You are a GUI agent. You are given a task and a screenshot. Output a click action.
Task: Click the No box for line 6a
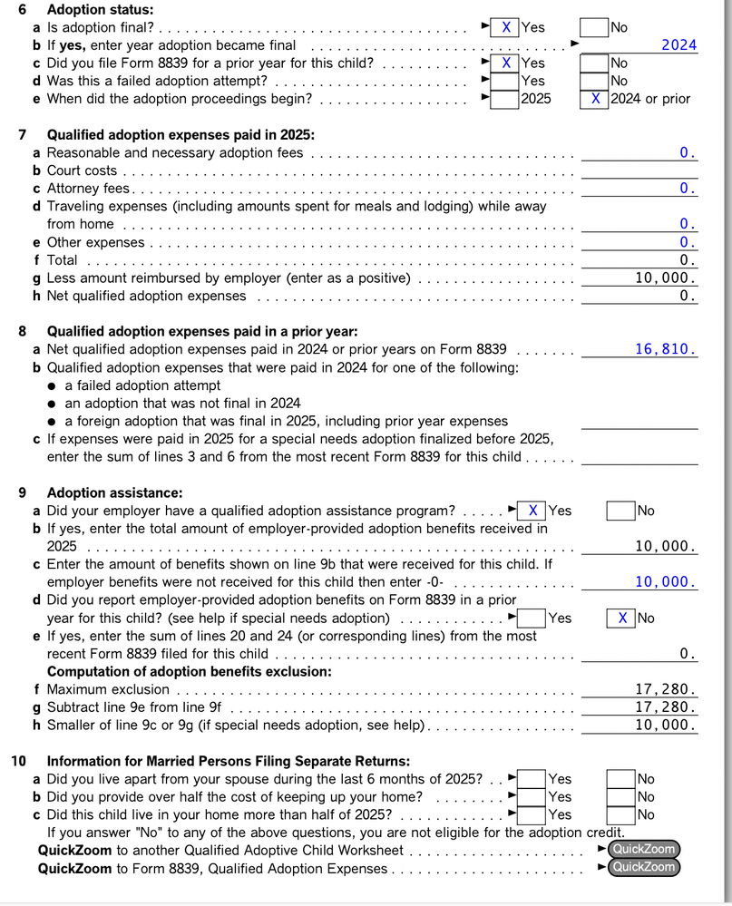tap(593, 27)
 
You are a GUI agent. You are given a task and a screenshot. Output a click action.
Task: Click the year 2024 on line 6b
tap(678, 45)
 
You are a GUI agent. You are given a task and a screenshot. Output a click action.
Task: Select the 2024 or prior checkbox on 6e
tap(593, 99)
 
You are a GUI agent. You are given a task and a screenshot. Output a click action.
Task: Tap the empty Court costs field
tap(639, 170)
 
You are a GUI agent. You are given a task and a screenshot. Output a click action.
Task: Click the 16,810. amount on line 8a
tap(665, 348)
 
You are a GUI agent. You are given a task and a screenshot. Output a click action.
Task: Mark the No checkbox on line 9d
tap(621, 618)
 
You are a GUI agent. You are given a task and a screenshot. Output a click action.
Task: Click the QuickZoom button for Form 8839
tap(643, 867)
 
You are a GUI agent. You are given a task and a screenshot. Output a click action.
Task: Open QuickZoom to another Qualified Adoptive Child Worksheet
tap(643, 849)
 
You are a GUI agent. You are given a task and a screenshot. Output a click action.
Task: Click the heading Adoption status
tap(100, 10)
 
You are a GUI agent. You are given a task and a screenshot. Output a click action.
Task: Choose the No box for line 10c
tap(620, 814)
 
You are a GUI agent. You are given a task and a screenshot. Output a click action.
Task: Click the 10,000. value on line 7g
tap(665, 278)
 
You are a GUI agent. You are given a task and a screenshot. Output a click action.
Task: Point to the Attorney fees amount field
tap(639, 189)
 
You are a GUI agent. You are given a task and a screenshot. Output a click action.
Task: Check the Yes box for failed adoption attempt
tap(505, 81)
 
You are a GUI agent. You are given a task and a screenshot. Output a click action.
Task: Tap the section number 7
tap(23, 135)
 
